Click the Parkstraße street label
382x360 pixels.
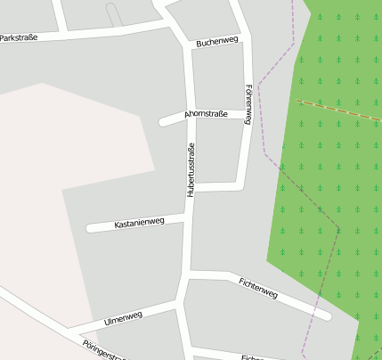[19, 37]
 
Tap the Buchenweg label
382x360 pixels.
[217, 42]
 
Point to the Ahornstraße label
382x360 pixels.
[206, 115]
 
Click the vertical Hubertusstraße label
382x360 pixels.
[190, 169]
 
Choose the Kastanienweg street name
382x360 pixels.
[140, 223]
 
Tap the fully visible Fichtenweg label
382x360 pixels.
[258, 288]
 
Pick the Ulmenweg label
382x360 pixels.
[123, 317]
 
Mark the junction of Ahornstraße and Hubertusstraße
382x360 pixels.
[191, 116]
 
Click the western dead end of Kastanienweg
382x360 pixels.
[90, 228]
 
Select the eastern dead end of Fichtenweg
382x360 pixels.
[327, 315]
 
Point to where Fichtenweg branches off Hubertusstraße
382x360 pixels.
[189, 274]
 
